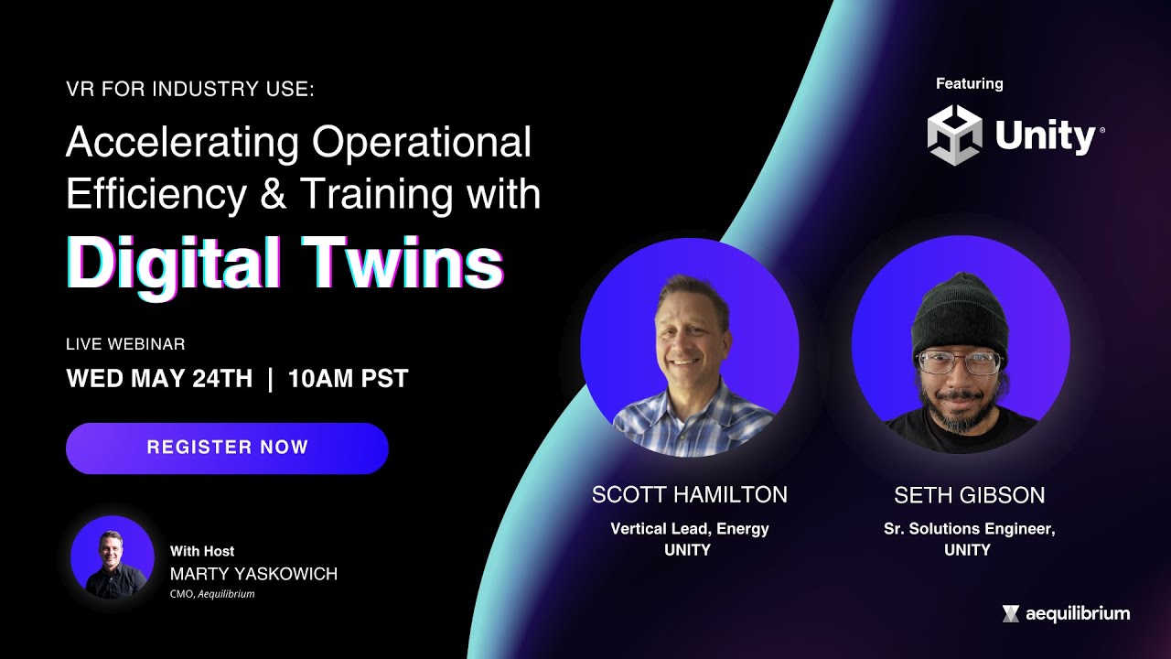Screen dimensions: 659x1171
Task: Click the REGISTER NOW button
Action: pyautogui.click(x=227, y=448)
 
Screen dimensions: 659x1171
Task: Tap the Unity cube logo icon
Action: pyautogui.click(x=954, y=135)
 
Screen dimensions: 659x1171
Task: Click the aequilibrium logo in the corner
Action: pyautogui.click(x=1066, y=613)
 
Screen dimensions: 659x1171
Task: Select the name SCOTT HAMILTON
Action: pyautogui.click(x=689, y=495)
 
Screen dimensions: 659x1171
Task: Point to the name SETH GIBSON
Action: pyautogui.click(x=969, y=495)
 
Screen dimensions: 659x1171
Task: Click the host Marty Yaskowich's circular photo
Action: pyautogui.click(x=113, y=557)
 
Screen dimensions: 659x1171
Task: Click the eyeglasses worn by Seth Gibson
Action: pyautogui.click(x=959, y=362)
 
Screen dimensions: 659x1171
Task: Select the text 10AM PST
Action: pyautogui.click(x=348, y=379)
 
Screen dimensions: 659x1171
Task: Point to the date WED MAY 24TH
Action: pyautogui.click(x=159, y=379)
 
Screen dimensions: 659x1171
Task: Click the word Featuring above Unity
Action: pyautogui.click(x=969, y=83)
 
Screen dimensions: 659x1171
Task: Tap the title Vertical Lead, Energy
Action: pyautogui.click(x=689, y=528)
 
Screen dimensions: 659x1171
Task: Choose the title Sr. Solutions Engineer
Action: pyautogui.click(x=969, y=528)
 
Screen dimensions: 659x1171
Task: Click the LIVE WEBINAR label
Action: pyautogui.click(x=125, y=344)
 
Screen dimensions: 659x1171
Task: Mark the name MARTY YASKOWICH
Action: pyautogui.click(x=253, y=574)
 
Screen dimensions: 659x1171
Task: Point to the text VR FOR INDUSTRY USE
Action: pyautogui.click(x=189, y=90)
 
